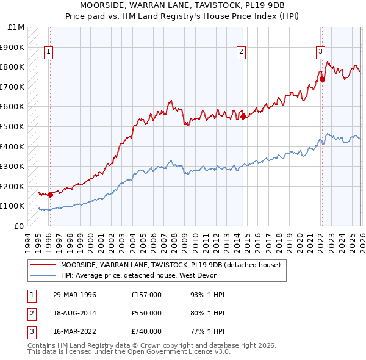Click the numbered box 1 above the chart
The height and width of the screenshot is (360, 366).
(48, 52)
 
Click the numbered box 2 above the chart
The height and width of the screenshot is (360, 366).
(242, 52)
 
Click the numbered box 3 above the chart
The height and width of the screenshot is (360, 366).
(320, 52)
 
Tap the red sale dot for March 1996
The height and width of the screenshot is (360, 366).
(50, 195)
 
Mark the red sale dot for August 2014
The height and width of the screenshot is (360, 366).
(243, 117)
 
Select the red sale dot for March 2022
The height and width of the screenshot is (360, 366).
(322, 79)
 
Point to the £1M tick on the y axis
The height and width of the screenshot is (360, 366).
(16, 27)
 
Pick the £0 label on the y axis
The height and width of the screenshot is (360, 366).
(20, 226)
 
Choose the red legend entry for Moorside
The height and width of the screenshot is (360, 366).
(170, 265)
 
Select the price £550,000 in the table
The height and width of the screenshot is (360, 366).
(146, 313)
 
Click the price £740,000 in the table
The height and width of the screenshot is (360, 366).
(146, 331)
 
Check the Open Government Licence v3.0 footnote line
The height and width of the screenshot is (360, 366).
(129, 351)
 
